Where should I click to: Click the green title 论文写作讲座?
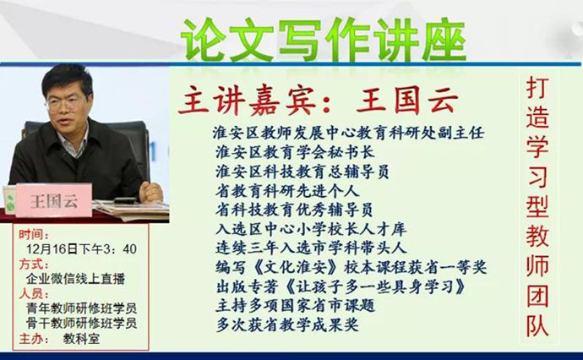pyautogui.click(x=324, y=40)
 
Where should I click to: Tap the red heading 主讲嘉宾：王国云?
pyautogui.click(x=318, y=101)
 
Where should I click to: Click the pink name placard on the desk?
pyautogui.click(x=54, y=200)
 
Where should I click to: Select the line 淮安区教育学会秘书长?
pyautogui.click(x=295, y=152)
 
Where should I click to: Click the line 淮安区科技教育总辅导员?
pyautogui.click(x=302, y=172)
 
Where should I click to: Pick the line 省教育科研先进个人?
pyautogui.click(x=287, y=191)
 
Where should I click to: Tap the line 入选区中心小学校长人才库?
pyautogui.click(x=311, y=229)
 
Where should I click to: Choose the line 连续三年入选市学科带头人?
pyautogui.click(x=311, y=248)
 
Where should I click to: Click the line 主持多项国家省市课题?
pyautogui.click(x=295, y=306)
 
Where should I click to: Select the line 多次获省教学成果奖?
pyautogui.click(x=287, y=325)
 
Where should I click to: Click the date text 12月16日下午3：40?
pyautogui.click(x=81, y=248)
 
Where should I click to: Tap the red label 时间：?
pyautogui.click(x=34, y=234)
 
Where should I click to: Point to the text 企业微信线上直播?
pyautogui.click(x=75, y=279)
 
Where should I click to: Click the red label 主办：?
pyautogui.click(x=34, y=338)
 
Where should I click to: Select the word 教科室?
pyautogui.click(x=81, y=338)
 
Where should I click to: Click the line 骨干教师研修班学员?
pyautogui.click(x=81, y=323)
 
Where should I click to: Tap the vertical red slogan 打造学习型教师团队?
pyautogui.click(x=537, y=207)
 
